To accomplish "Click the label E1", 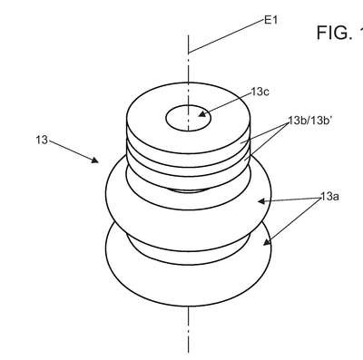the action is pyautogui.click(x=270, y=20).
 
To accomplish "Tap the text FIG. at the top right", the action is pyautogui.click(x=335, y=33).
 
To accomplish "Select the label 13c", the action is pyautogui.click(x=260, y=92).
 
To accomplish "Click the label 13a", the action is pyautogui.click(x=329, y=197).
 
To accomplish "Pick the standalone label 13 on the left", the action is pyautogui.click(x=42, y=140).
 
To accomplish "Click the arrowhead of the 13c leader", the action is pyautogui.click(x=202, y=114).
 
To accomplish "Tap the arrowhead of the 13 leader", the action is pyautogui.click(x=95, y=161).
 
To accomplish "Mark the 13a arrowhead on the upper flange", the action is pyautogui.click(x=261, y=201).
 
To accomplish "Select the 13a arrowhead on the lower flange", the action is pyautogui.click(x=266, y=242).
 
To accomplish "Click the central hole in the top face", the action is pyautogui.click(x=188, y=118).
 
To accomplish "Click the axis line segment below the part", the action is pyautogui.click(x=188, y=329).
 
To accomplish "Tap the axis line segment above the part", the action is pyautogui.click(x=188, y=59).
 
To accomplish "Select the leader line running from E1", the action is pyautogui.click(x=226, y=36).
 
